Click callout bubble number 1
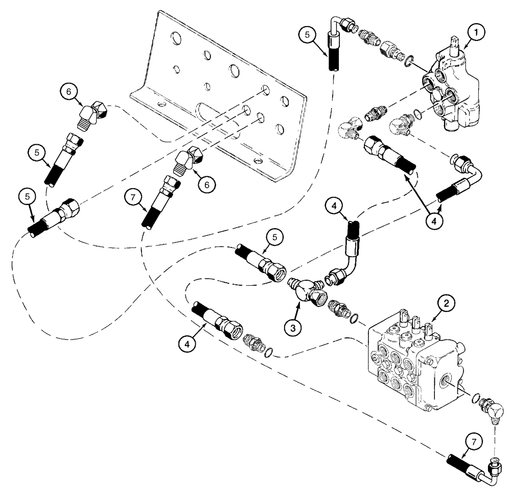[475, 34]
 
